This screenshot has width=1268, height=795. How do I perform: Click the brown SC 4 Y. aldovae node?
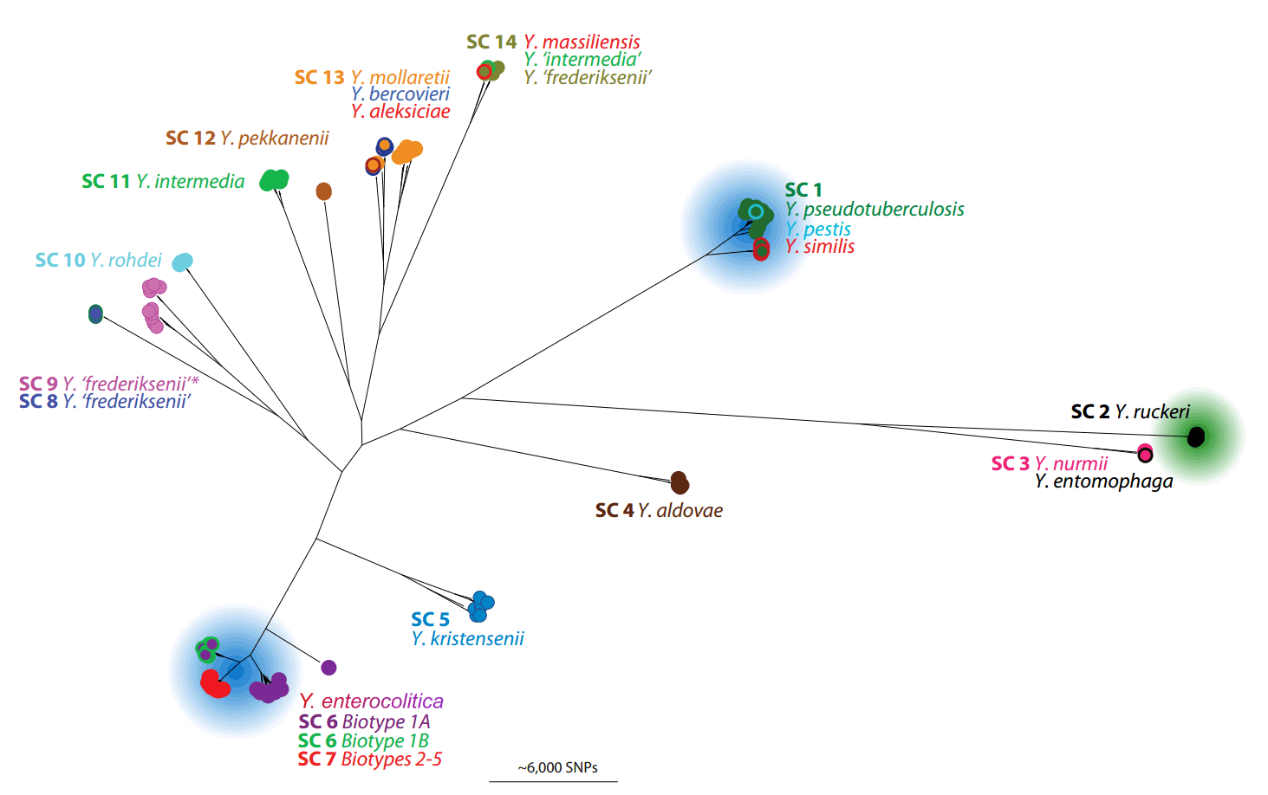[x=680, y=483]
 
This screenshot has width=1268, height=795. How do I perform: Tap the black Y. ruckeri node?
[x=1196, y=436]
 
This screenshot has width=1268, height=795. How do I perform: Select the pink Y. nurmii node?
[x=1145, y=453]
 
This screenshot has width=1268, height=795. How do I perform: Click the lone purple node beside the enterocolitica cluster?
[x=328, y=668]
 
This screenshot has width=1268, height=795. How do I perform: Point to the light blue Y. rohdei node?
[x=182, y=262]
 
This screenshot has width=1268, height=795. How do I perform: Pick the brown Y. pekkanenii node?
[x=323, y=191]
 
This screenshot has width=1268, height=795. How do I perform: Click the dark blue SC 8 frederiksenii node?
[x=95, y=313]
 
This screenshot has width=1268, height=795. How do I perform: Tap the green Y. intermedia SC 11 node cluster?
[x=275, y=180]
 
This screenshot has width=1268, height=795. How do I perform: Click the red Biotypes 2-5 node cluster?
[x=214, y=684]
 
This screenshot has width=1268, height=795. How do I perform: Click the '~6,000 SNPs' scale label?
[x=557, y=767]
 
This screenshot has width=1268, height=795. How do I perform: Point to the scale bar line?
[x=553, y=781]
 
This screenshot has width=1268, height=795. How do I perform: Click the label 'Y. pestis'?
[x=818, y=229]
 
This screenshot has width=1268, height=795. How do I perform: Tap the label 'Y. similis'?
[x=820, y=247]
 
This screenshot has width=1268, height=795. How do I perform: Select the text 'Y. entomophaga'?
[x=1103, y=482]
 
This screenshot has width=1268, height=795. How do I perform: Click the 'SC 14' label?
[x=491, y=42]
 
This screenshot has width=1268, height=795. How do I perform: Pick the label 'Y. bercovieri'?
[x=400, y=94]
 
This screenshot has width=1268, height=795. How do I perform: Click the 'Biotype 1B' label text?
[x=385, y=740]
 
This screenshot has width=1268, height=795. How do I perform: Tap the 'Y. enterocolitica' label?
[x=372, y=701]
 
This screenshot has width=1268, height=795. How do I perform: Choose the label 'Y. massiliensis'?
[x=582, y=42]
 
